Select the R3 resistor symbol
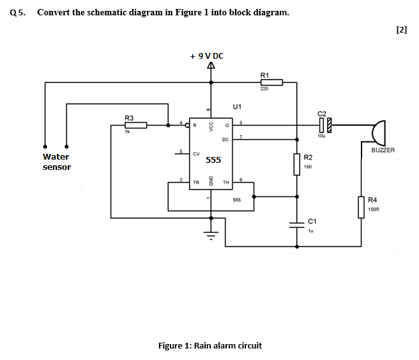coord(135,125)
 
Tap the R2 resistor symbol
coord(297,163)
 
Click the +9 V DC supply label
coord(206,56)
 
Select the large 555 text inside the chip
coord(213,160)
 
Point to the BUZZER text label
coord(383,151)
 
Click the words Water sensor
coord(56,161)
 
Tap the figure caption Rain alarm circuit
coord(209,345)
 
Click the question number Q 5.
coord(18,12)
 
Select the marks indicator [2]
coord(401,29)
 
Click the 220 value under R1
coord(264,89)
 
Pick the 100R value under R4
coord(374,209)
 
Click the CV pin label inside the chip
coord(196,154)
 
